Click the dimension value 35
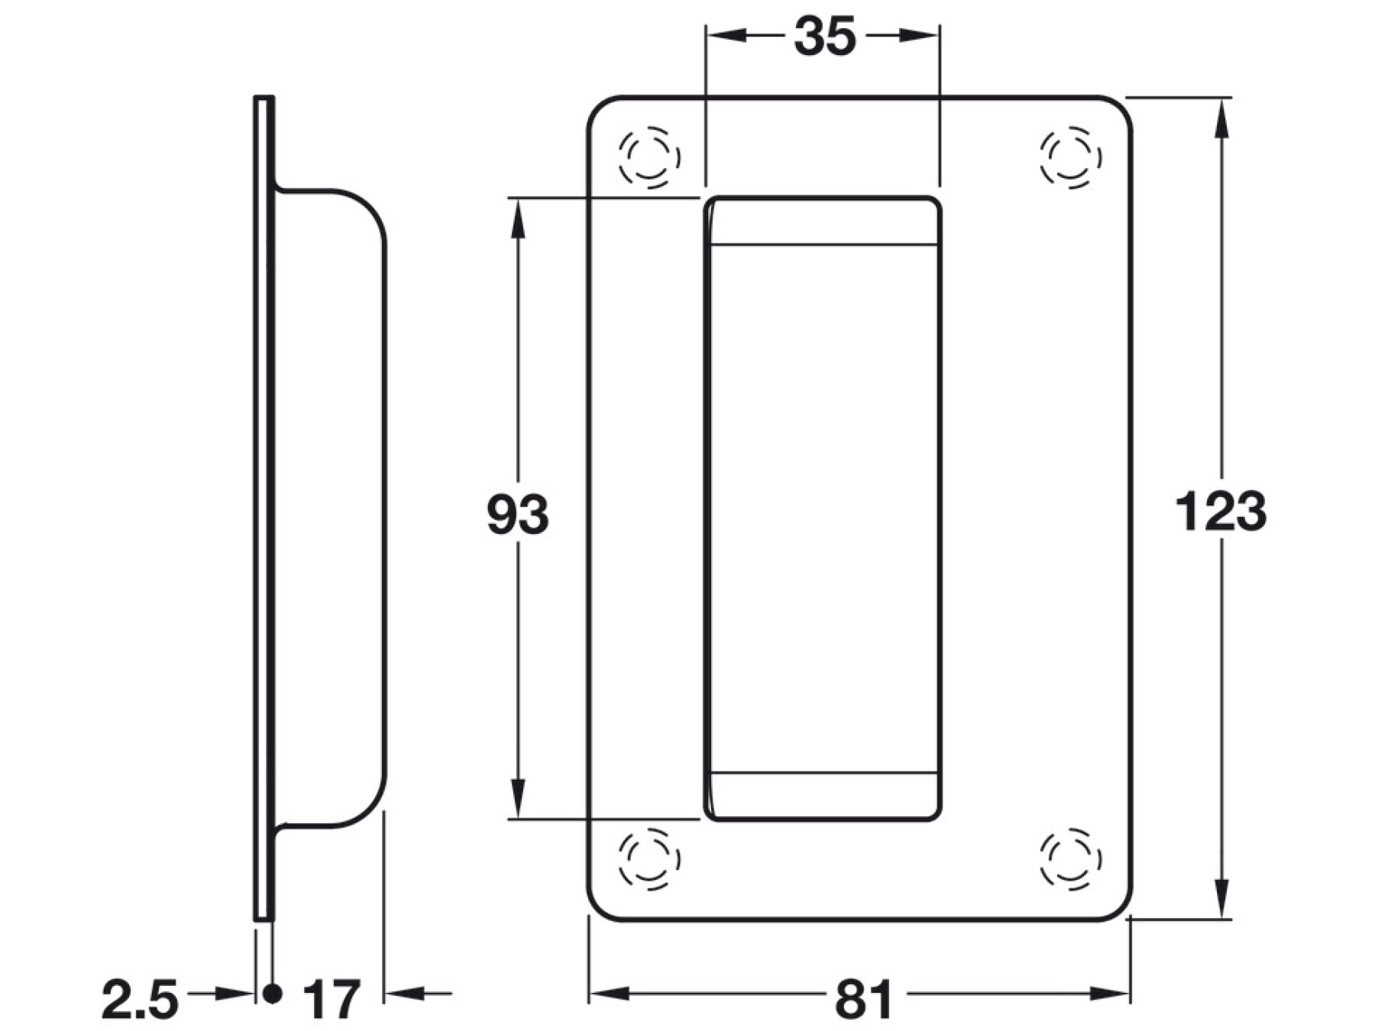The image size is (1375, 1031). pos(824,37)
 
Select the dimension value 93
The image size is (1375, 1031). pos(518,515)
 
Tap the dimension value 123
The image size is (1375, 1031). pos(1221,511)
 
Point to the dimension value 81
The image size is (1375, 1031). pos(863,1000)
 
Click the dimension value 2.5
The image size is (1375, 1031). pos(141,1000)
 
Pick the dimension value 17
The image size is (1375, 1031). pos(332,1000)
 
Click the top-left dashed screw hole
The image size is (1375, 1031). pos(649,157)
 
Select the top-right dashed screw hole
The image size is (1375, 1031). pos(1071,157)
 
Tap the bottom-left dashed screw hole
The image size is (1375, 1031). pos(649,858)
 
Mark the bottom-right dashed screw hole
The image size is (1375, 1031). pos(1071,858)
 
